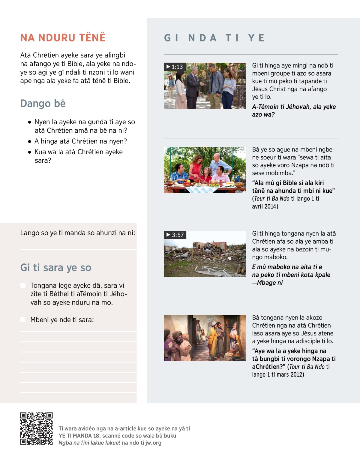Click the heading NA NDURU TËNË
[x=63, y=38]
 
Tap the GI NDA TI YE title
[x=214, y=38]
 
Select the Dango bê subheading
[x=43, y=104]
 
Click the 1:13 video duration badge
[x=175, y=67]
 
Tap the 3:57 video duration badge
[x=175, y=235]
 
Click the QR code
[x=36, y=428]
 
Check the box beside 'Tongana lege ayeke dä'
[x=23, y=285]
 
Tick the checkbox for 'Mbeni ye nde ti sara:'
[x=23, y=320]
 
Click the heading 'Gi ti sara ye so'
[x=56, y=268]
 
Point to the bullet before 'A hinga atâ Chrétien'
[x=29, y=141]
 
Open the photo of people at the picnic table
[x=205, y=170]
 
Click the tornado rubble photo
[x=205, y=254]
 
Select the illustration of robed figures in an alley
[x=205, y=338]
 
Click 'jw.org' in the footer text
[x=153, y=443]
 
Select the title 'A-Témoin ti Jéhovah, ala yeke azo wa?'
[x=294, y=110]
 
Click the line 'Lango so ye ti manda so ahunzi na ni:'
[x=77, y=233]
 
